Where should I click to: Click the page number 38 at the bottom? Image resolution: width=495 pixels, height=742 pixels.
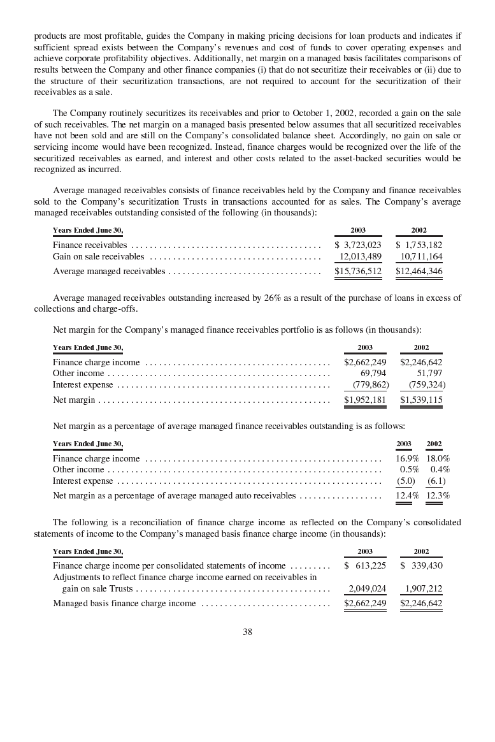(x=248, y=632)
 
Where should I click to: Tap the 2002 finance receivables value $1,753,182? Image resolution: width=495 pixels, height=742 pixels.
(x=419, y=245)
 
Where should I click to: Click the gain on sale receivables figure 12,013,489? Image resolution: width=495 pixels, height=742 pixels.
(x=360, y=257)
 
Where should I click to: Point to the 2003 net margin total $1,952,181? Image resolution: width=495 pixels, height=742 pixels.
(x=365, y=400)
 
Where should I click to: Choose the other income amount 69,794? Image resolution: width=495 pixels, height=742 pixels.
(x=373, y=374)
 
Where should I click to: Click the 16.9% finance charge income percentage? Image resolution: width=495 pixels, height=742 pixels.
(x=407, y=458)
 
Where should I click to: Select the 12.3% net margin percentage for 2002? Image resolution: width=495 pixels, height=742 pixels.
(x=438, y=495)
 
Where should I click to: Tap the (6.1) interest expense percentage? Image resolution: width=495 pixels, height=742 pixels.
(x=436, y=481)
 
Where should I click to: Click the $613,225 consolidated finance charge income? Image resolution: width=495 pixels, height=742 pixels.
(x=365, y=565)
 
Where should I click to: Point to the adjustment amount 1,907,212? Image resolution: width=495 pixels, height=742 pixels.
(x=424, y=589)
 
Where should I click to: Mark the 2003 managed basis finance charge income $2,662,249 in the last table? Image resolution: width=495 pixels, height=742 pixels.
(x=365, y=603)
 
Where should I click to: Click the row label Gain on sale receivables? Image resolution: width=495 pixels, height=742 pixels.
(x=99, y=257)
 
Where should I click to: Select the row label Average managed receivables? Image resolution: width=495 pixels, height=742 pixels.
(x=109, y=272)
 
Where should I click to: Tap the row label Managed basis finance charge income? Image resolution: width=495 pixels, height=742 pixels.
(x=124, y=603)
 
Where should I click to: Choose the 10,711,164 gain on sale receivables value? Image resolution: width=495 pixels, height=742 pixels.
(x=421, y=257)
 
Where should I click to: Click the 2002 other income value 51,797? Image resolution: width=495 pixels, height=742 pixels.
(x=429, y=374)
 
